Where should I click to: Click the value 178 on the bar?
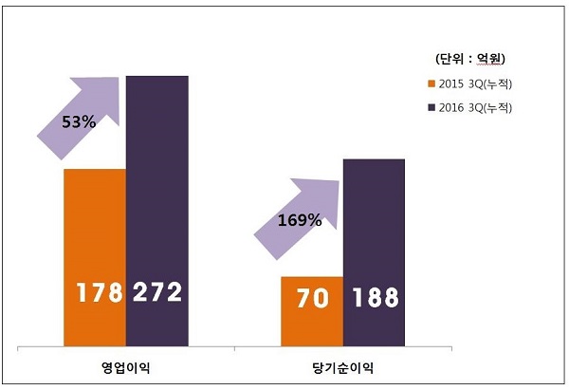[x=95, y=292]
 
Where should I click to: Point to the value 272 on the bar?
[x=157, y=292]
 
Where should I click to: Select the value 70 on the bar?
[x=312, y=298]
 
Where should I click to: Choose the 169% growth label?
[x=300, y=220]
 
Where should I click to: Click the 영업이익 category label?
[x=126, y=367]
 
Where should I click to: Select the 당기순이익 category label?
[x=342, y=367]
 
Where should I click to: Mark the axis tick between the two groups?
[x=234, y=351]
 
